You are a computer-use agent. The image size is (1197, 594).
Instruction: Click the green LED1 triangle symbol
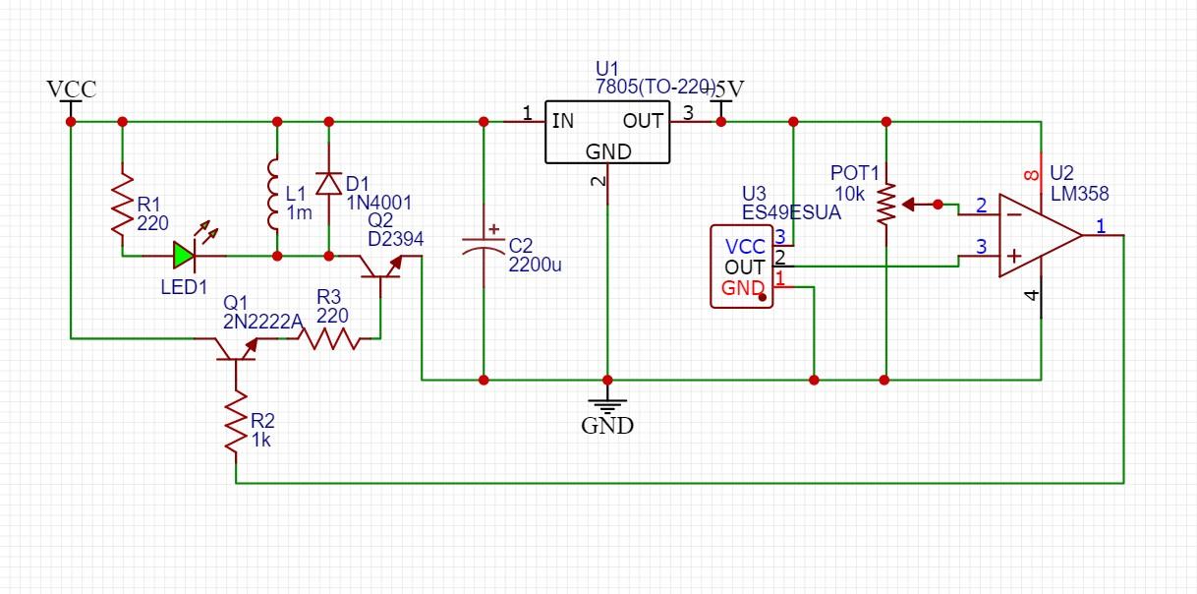(184, 256)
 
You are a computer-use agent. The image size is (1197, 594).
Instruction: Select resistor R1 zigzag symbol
(122, 204)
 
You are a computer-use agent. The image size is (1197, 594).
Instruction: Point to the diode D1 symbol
(329, 183)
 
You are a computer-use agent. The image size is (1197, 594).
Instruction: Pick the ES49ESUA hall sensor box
(743, 267)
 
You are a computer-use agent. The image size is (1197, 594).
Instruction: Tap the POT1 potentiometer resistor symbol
(885, 204)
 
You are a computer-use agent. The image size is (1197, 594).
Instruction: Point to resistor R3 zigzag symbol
(329, 338)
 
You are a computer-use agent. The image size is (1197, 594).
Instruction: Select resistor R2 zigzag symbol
(236, 421)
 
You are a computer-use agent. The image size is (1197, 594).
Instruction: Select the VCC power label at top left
(72, 89)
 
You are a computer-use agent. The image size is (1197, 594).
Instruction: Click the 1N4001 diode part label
(378, 203)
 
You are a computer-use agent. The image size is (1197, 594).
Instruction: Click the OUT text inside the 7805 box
(643, 121)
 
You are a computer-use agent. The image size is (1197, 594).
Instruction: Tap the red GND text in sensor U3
(742, 288)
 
